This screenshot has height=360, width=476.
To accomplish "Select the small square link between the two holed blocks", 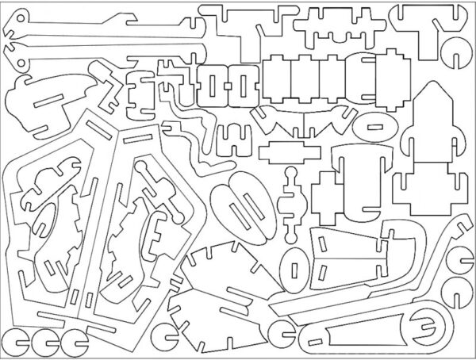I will pyautogui.click(x=225, y=82).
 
